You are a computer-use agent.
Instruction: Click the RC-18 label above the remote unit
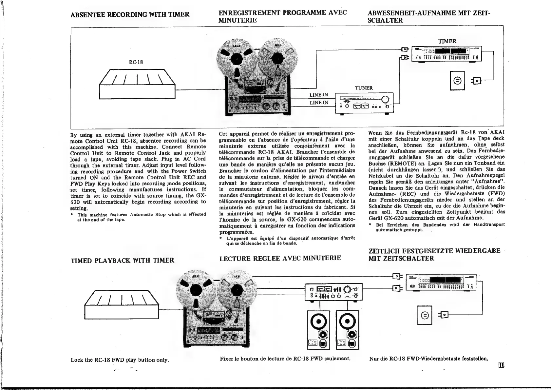136,62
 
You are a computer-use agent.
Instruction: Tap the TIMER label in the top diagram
447,41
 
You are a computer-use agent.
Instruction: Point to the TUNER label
364,88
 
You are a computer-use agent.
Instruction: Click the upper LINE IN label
319,95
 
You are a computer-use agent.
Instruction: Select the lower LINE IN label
319,103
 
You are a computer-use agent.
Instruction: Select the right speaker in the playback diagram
348,330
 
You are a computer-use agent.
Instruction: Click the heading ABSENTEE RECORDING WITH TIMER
130,14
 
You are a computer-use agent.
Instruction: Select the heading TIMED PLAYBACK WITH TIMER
123,261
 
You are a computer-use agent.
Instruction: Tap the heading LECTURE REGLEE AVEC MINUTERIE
280,258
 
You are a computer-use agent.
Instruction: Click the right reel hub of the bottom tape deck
237,290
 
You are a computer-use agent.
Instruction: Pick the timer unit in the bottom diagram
441,282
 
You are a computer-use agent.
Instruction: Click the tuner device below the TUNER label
364,103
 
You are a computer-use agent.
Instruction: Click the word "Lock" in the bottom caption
77,360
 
